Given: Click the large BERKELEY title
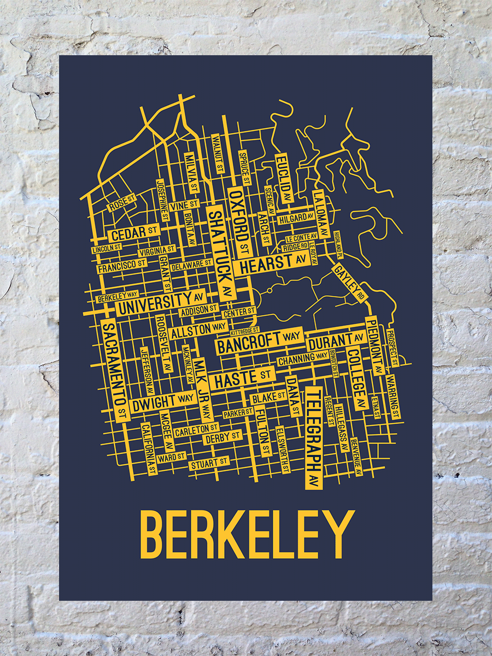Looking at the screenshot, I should (x=248, y=535).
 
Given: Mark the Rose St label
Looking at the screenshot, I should (x=121, y=204).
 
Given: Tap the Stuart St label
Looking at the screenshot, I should (x=209, y=464).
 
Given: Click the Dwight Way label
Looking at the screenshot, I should (x=162, y=401).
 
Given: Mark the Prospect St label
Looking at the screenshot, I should (x=393, y=347).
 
